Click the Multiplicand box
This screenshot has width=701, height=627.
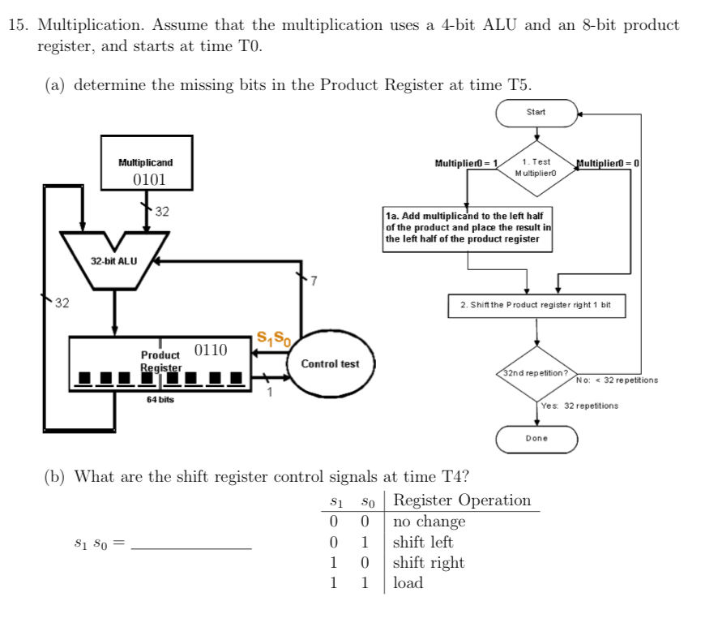point(146,170)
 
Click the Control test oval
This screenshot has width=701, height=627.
point(329,363)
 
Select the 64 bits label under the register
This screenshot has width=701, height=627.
point(160,400)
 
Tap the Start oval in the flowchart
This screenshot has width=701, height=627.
point(536,112)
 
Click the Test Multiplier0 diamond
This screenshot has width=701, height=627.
point(536,168)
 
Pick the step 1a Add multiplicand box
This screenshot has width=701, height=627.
point(468,228)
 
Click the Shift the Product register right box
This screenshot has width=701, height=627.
point(536,305)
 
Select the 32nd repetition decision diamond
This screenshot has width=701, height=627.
point(536,373)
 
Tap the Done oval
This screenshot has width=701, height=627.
point(536,438)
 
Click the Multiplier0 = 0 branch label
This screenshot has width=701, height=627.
point(608,163)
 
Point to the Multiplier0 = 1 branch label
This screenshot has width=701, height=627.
point(466,163)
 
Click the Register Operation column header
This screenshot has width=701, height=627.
point(462,500)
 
